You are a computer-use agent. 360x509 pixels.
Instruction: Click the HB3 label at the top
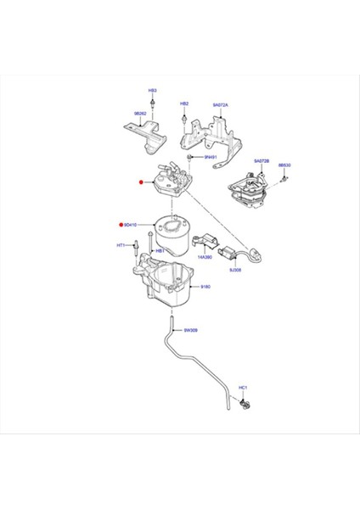click(x=153, y=89)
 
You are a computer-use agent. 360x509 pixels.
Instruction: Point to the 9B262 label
click(x=139, y=113)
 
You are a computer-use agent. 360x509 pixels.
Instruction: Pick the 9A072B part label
click(x=261, y=160)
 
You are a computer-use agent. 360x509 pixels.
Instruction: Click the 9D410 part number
click(x=131, y=225)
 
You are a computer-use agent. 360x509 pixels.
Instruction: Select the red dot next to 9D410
click(x=120, y=225)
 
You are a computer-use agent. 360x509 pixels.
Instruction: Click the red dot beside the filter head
click(x=142, y=182)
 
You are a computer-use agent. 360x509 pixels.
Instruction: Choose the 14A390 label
click(x=205, y=257)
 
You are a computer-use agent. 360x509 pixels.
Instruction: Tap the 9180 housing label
click(x=206, y=288)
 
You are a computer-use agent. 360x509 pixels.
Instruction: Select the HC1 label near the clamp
click(x=243, y=388)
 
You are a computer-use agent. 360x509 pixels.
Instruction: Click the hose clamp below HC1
click(x=244, y=402)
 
